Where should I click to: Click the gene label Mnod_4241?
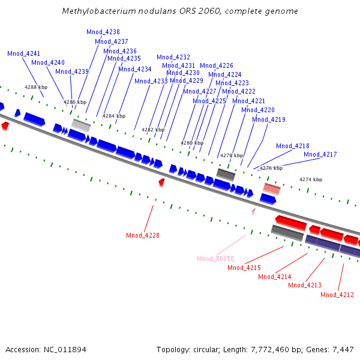[23, 53]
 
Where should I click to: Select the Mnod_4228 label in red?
[143, 235]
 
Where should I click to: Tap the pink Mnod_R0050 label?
[215, 259]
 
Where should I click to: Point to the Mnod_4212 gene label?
[337, 295]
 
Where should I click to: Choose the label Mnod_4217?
[320, 154]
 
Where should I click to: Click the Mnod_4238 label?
[103, 32]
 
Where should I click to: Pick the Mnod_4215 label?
[244, 268]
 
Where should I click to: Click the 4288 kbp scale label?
[36, 88]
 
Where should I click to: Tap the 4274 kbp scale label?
[311, 179]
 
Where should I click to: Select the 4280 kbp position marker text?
[192, 143]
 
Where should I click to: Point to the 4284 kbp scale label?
[114, 116]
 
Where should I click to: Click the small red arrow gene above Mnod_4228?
[161, 181]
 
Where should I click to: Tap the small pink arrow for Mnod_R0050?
[253, 211]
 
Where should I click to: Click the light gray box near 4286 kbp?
[82, 125]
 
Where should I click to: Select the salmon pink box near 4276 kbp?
[271, 189]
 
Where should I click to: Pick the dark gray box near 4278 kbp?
[226, 174]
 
